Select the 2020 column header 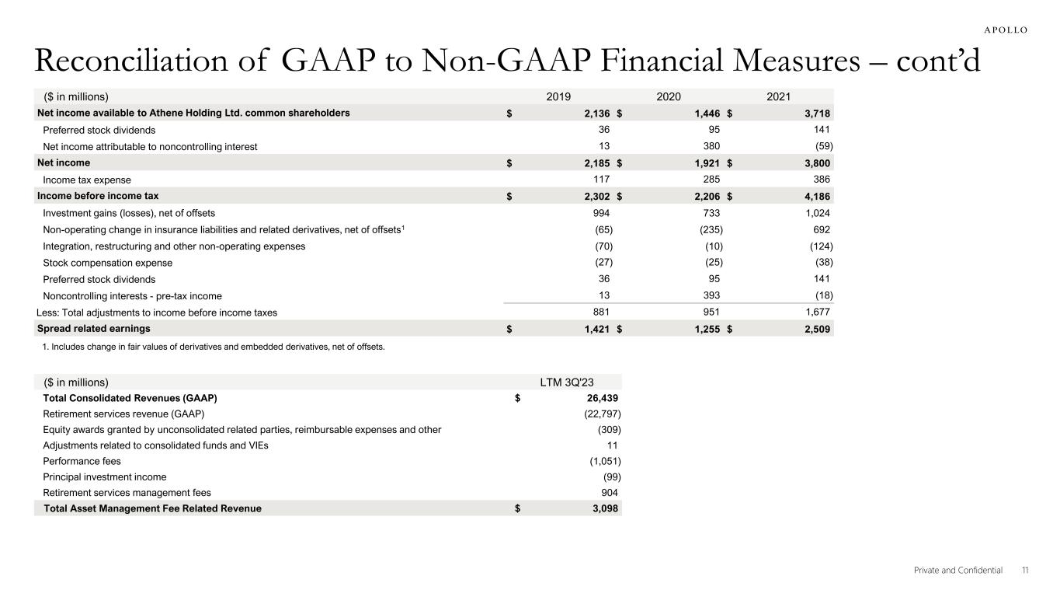(x=669, y=96)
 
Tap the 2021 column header (x=777, y=96)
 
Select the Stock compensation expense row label (x=107, y=263)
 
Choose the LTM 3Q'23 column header (x=569, y=382)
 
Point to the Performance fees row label (x=82, y=461)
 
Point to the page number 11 (x=1025, y=570)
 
